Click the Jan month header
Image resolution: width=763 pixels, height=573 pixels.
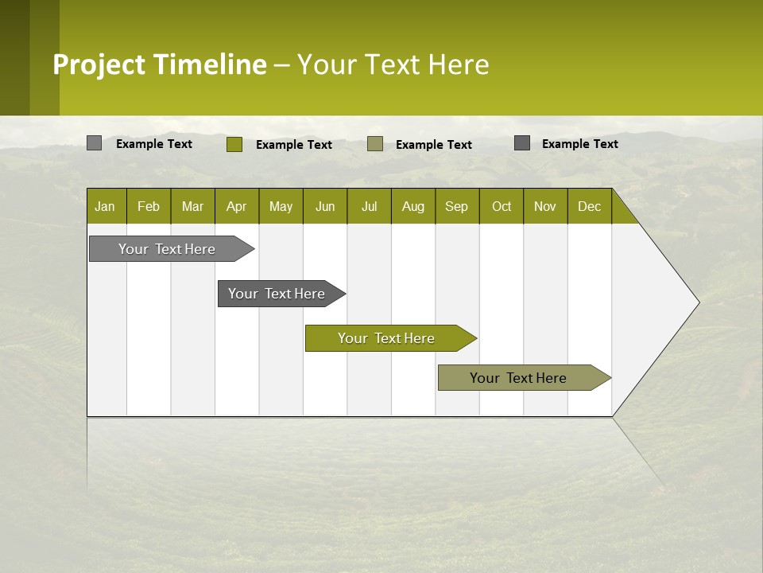106,206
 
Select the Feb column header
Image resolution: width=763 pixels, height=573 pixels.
149,206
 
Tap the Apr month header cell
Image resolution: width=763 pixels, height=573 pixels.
237,206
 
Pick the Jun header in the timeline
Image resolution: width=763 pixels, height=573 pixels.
325,206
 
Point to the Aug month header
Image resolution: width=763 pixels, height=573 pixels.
413,206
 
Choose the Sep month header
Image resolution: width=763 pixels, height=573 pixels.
457,206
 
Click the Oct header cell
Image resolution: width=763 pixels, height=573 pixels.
502,206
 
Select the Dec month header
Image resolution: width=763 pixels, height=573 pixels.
590,206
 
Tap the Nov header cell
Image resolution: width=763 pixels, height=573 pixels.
545,206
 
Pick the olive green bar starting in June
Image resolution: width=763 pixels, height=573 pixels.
387,338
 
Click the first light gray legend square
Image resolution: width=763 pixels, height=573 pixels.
95,143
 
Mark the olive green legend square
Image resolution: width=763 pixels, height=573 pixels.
234,144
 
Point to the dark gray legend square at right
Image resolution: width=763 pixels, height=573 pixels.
522,143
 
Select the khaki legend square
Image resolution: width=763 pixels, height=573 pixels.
375,144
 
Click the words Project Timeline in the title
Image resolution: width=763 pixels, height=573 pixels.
160,64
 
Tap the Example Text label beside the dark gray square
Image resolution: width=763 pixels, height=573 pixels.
579,143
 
